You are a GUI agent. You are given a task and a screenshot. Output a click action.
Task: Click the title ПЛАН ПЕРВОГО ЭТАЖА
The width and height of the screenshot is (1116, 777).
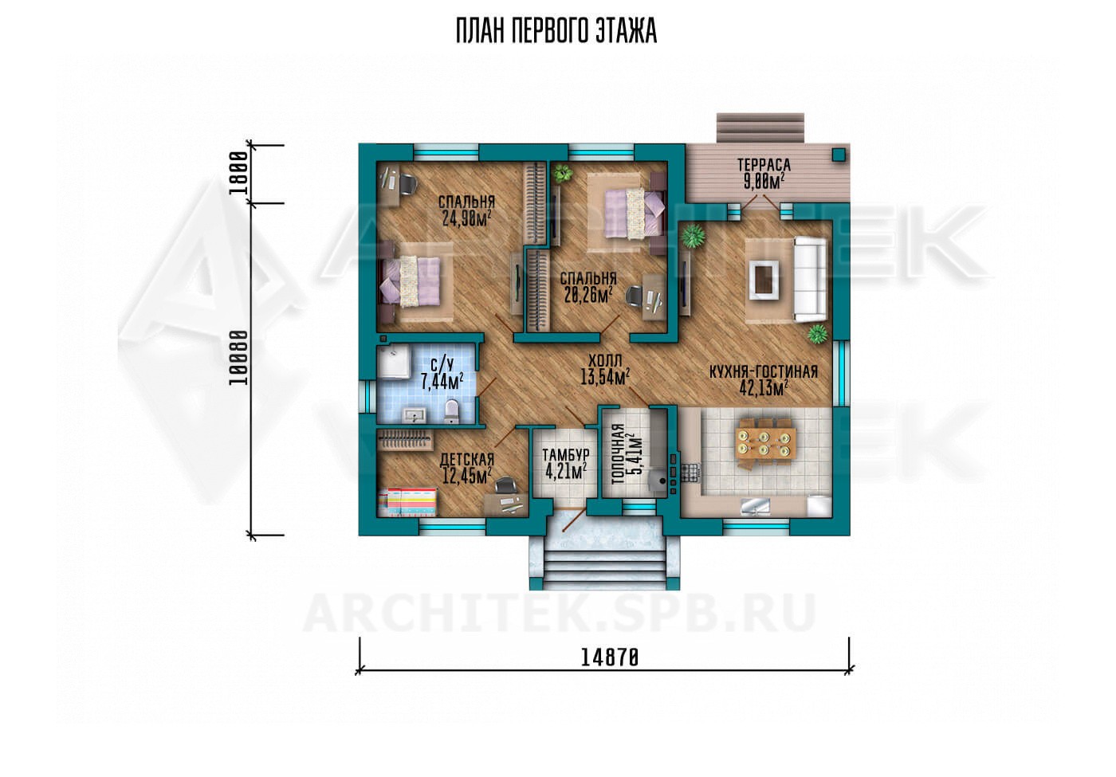coord(556,31)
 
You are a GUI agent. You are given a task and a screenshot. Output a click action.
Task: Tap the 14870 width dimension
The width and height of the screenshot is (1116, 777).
coord(610,658)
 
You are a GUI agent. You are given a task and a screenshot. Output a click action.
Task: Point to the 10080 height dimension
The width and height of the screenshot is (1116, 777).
coord(238,357)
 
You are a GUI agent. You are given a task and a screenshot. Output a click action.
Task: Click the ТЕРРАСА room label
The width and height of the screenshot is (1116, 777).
coord(764,164)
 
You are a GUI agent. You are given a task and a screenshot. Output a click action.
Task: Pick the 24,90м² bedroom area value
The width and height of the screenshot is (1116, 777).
coord(467,218)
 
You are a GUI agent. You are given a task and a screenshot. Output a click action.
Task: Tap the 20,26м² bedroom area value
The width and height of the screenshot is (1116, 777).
coord(588,294)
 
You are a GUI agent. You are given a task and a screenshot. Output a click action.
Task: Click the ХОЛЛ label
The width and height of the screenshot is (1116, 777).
coord(605,360)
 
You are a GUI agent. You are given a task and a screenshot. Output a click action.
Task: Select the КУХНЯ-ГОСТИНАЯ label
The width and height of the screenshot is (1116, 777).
coord(764,371)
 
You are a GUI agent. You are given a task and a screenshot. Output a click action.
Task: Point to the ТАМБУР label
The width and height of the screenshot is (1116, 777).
coord(566,454)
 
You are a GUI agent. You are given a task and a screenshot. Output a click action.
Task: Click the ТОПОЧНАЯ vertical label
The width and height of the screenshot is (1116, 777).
coord(618,453)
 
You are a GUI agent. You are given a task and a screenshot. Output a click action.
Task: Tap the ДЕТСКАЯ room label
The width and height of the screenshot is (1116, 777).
coord(467,459)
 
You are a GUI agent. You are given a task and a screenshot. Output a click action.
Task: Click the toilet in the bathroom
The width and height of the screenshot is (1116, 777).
coord(451,411)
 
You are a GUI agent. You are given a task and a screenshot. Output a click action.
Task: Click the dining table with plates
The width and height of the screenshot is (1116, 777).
coord(764,444)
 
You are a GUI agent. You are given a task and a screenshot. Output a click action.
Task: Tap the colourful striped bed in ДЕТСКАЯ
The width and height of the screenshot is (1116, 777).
coord(407,501)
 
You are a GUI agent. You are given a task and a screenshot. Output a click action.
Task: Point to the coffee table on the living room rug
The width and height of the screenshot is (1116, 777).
coord(764,280)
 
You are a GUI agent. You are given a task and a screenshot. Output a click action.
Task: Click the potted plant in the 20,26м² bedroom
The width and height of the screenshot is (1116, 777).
coord(564,172)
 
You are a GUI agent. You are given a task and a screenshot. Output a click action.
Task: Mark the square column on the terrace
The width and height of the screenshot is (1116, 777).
coord(839,155)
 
